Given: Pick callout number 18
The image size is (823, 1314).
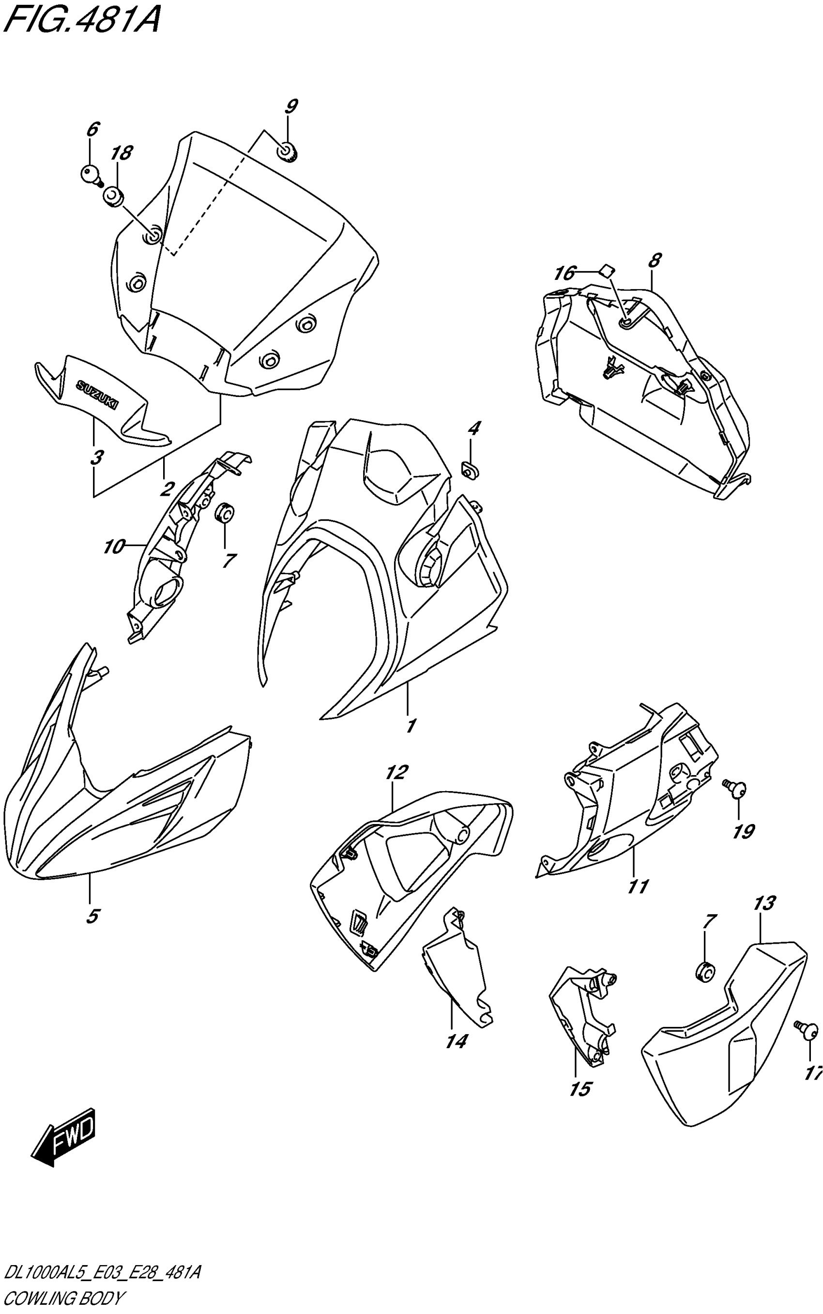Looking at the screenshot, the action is [122, 153].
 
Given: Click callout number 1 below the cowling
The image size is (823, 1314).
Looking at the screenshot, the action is [411, 725].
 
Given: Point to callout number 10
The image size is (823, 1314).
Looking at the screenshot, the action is [114, 546].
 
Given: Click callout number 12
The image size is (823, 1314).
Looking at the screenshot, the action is [396, 772].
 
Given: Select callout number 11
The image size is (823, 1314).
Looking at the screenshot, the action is [638, 886].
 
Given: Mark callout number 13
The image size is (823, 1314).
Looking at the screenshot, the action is [764, 903].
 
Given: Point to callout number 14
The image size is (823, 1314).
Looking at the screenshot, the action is [456, 1041].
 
